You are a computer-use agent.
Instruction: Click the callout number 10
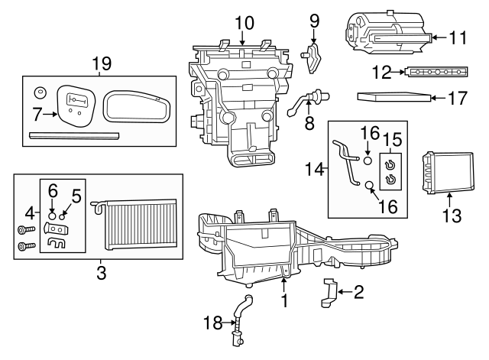coord(244,23)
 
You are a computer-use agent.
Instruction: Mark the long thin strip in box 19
coord(74,135)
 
